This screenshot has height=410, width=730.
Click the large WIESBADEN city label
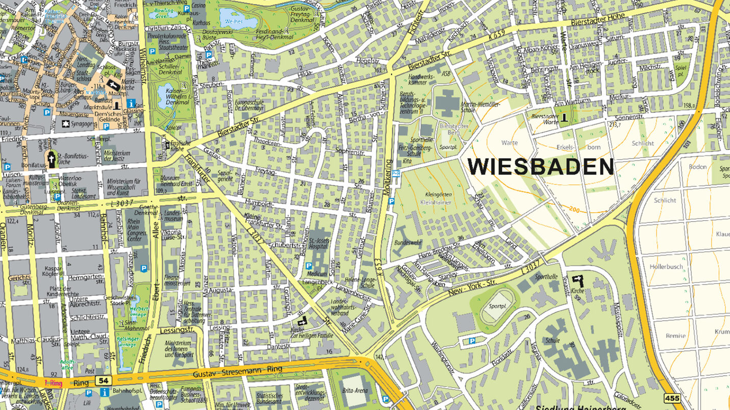pyautogui.click(x=540, y=167)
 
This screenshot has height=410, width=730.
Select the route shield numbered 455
pyautogui.click(x=671, y=397)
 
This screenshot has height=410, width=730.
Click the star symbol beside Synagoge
pyautogui.click(x=65, y=124)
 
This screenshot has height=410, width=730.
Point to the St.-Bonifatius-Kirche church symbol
pyautogui.click(x=52, y=159)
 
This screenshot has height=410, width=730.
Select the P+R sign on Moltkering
pyautogui.click(x=395, y=173)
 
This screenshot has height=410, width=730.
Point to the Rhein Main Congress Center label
pyautogui.click(x=134, y=228)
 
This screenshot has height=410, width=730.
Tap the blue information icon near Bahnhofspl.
pyautogui.click(x=105, y=392)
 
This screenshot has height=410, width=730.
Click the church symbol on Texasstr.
pyautogui.click(x=577, y=280)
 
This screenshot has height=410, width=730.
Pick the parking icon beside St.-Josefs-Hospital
pyautogui.click(x=308, y=266)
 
